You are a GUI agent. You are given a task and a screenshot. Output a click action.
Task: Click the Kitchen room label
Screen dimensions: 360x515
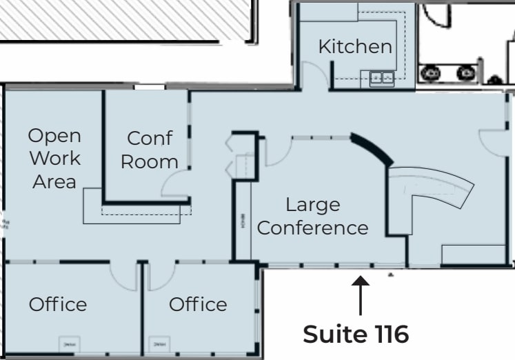[355, 47]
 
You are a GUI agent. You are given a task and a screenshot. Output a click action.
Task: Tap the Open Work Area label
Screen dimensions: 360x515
[54, 158]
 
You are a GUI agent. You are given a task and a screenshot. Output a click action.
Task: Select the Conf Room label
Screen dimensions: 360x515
[149, 150]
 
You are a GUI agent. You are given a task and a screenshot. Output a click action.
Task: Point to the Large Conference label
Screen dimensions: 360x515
[312, 216]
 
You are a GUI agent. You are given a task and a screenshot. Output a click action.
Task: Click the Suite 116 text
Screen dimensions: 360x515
[356, 334]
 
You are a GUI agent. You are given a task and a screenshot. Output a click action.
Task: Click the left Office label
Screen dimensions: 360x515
[58, 304]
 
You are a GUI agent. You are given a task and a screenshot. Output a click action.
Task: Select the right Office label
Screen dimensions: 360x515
[198, 304]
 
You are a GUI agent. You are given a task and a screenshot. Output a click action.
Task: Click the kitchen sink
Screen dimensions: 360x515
[382, 78]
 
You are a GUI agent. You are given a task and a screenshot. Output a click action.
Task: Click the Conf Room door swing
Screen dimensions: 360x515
[175, 183]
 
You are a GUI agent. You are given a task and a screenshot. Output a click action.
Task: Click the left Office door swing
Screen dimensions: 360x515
[125, 276]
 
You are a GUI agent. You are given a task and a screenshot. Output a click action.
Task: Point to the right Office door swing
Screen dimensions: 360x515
[162, 276]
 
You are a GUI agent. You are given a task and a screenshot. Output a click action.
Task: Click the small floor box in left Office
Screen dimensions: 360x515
[68, 343]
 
